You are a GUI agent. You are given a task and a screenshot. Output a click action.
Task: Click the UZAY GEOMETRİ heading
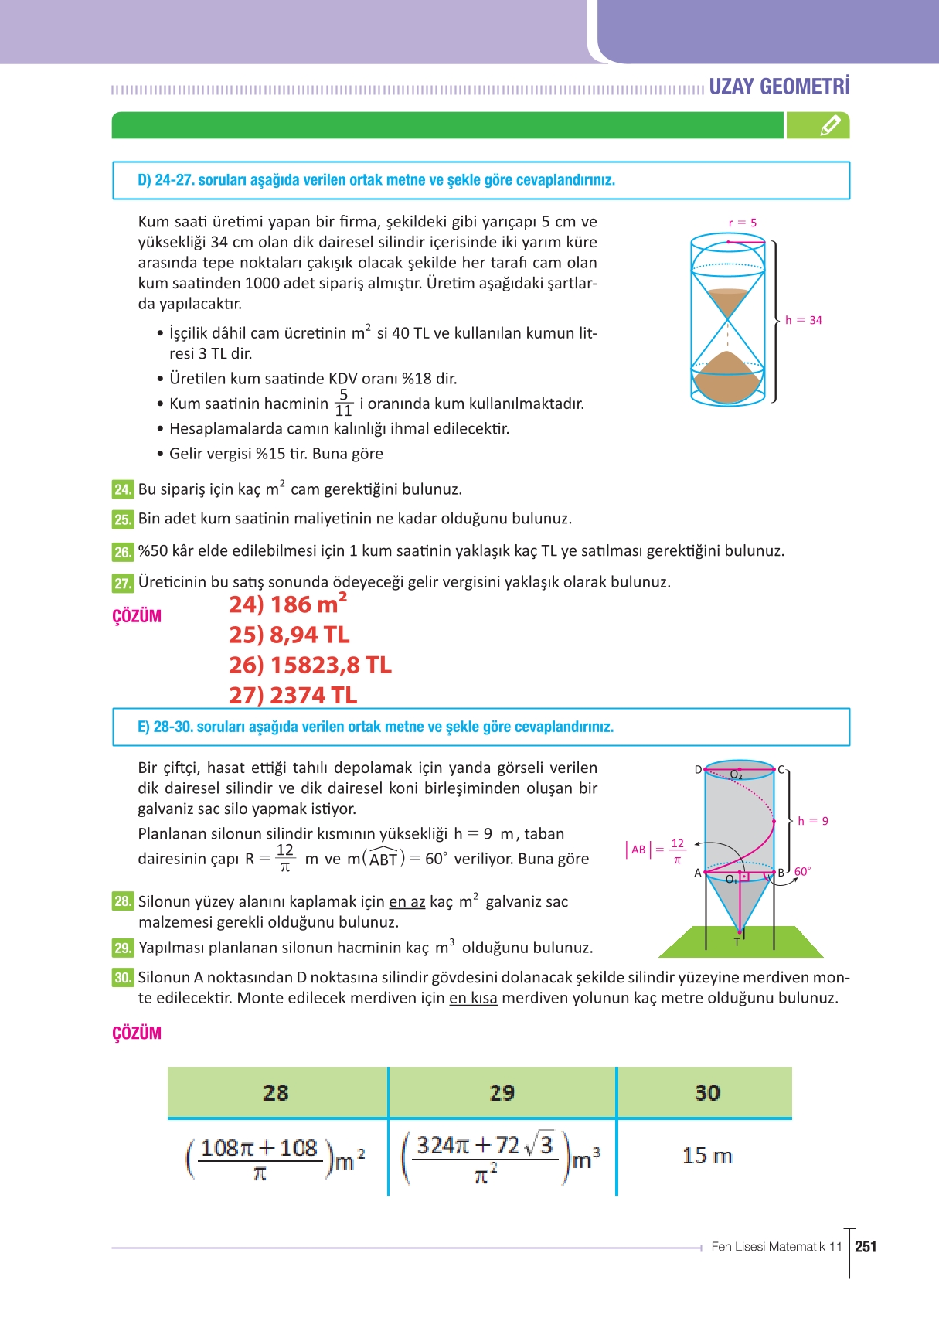(779, 86)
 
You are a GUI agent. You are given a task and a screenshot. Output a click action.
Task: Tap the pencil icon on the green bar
(829, 125)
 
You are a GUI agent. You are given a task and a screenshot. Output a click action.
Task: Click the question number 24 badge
(122, 489)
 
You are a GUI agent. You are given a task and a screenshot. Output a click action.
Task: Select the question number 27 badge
(122, 583)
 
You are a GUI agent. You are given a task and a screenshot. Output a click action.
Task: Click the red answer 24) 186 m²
(287, 604)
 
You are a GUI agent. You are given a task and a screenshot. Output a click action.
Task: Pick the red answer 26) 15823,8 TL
(310, 665)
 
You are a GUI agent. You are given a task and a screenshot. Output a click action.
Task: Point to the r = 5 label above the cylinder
(742, 223)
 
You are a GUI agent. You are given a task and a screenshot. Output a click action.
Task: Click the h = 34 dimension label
(803, 320)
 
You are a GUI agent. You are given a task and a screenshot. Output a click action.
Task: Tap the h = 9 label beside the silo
(812, 821)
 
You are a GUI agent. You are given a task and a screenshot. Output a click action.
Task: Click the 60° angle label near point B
(802, 871)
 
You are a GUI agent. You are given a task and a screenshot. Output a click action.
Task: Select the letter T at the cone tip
(737, 942)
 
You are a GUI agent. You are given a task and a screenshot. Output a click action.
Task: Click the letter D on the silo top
(698, 769)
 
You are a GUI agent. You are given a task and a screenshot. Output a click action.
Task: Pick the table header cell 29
(502, 1092)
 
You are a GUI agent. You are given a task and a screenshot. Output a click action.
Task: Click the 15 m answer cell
(706, 1156)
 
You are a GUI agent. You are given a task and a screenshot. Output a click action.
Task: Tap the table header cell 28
(276, 1092)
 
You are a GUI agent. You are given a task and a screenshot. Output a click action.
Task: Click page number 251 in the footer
(866, 1246)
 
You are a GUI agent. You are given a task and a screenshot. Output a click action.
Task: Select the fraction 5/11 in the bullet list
(343, 403)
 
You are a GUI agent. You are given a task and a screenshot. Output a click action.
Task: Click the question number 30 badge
(122, 978)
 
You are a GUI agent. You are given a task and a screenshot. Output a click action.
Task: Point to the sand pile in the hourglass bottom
(727, 375)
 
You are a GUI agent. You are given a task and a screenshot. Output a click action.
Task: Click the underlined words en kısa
(473, 998)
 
